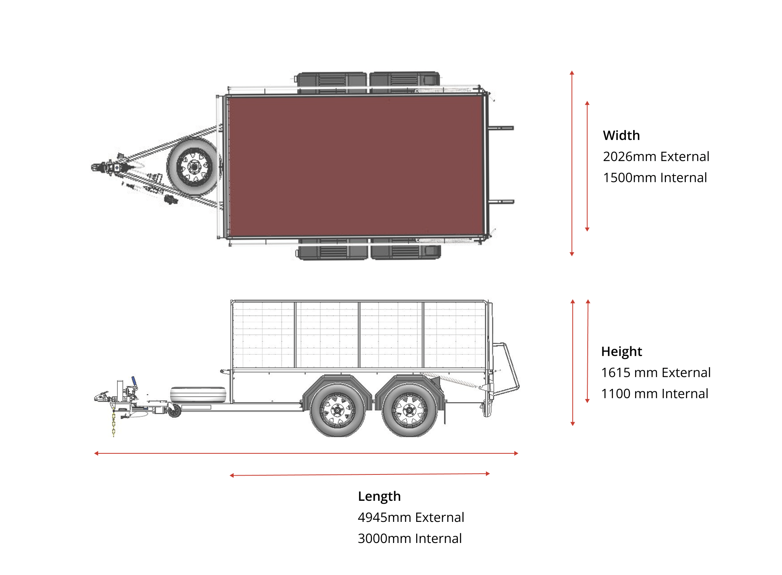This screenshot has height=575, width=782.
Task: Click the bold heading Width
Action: [621, 135]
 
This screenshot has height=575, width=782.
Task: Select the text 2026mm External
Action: [656, 157]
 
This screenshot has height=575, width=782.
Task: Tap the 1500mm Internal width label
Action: [655, 178]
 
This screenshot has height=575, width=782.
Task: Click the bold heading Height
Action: [621, 351]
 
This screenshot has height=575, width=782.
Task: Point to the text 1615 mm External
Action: [655, 372]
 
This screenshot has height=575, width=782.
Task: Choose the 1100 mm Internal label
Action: [654, 393]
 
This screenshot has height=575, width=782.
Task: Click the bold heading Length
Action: [379, 496]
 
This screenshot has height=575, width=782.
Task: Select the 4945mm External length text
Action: [410, 517]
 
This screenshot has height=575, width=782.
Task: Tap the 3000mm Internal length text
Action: [409, 539]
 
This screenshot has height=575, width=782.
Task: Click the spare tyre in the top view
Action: [194, 167]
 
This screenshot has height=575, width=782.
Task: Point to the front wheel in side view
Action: [337, 410]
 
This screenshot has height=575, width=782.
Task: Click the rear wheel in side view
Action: [409, 410]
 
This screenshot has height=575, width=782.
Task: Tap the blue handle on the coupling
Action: [133, 381]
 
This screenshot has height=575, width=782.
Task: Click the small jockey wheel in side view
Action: [174, 411]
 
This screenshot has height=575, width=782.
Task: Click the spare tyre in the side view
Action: [198, 394]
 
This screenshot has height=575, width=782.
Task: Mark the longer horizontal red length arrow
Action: [306, 453]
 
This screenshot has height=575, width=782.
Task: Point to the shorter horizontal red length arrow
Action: [359, 474]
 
